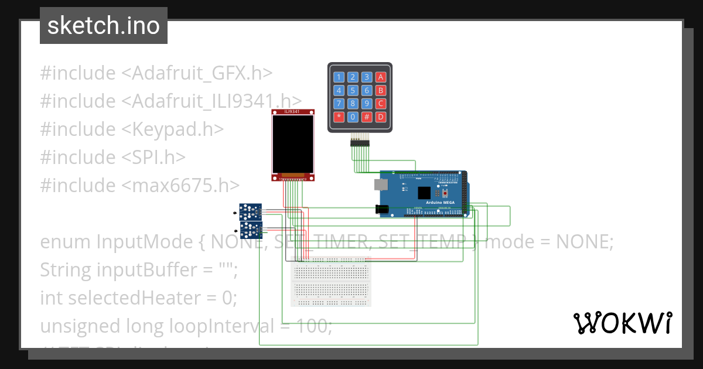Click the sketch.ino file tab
click(x=103, y=26)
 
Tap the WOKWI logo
click(x=622, y=323)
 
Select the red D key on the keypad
click(x=380, y=117)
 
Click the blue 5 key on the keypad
click(x=353, y=90)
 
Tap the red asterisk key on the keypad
click(x=339, y=117)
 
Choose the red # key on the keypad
click(x=366, y=117)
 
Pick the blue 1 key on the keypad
click(x=339, y=77)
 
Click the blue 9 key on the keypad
click(x=366, y=104)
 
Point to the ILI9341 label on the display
click(x=293, y=111)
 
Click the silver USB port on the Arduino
click(x=381, y=184)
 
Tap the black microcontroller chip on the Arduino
click(x=424, y=192)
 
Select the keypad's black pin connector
click(x=360, y=141)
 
